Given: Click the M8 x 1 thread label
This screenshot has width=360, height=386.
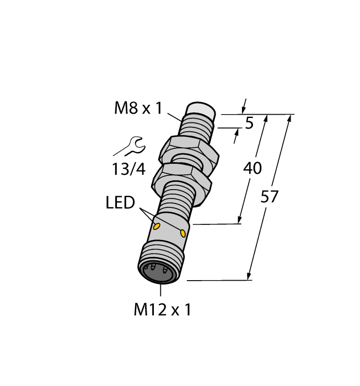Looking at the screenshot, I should coord(138,108).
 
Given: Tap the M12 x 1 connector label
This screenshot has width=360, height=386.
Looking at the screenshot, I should coord(163,310).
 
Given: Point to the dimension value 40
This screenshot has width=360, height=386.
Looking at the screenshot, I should coord(252,168).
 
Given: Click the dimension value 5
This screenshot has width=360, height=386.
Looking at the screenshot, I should coord(249,124).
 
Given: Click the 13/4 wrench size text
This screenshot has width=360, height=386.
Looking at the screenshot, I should coord(128,170).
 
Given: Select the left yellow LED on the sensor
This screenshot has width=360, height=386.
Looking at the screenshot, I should coord(157,226).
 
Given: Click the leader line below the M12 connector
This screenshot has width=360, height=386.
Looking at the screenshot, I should coord(161,291).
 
